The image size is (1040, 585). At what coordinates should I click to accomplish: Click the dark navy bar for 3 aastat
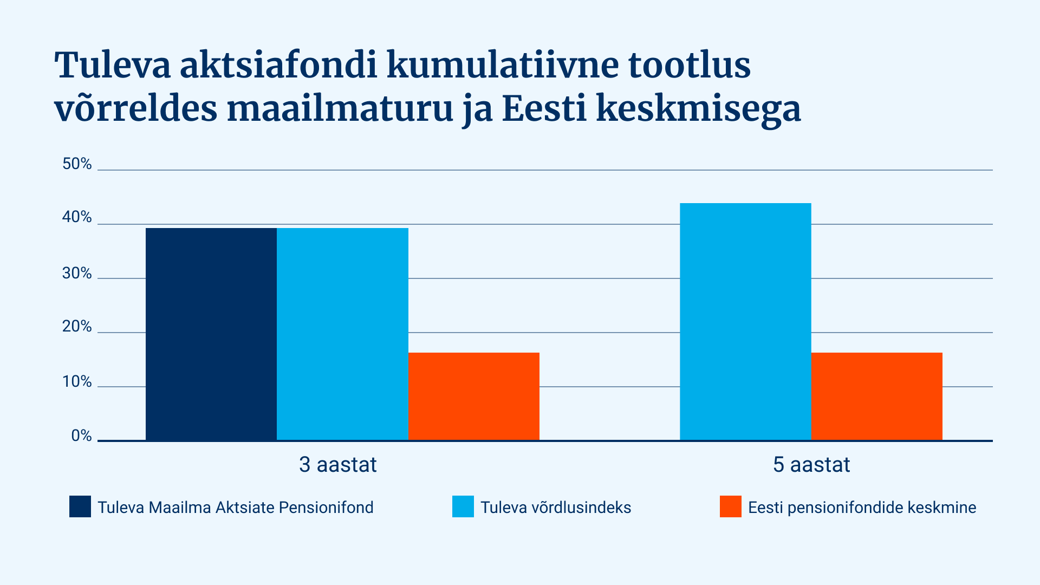click(211, 334)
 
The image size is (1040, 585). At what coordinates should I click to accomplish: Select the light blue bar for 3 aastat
click(342, 334)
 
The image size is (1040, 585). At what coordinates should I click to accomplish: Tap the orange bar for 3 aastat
click(474, 396)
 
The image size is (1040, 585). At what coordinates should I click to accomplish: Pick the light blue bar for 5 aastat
click(745, 322)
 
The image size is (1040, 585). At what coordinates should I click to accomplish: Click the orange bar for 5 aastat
click(877, 396)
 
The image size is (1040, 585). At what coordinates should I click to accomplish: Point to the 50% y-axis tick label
click(77, 164)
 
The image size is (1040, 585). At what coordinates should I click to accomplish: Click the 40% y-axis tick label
click(77, 217)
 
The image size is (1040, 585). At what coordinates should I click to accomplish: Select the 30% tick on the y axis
click(77, 273)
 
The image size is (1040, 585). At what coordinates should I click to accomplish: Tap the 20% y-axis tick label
click(77, 326)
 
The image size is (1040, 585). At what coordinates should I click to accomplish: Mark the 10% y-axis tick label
click(77, 382)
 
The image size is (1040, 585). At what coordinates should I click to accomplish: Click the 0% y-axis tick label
click(81, 435)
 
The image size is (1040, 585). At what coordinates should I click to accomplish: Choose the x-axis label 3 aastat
click(338, 465)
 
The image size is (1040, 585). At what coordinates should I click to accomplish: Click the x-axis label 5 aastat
click(811, 465)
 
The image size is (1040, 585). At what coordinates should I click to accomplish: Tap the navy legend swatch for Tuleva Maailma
click(80, 506)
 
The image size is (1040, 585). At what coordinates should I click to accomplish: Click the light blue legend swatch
click(463, 506)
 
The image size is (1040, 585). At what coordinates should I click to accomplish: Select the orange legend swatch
click(731, 506)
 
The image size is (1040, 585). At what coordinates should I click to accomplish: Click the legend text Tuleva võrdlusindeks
click(556, 508)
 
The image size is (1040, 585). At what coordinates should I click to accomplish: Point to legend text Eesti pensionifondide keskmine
click(862, 508)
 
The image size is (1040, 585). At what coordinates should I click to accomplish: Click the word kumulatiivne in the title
click(503, 66)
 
